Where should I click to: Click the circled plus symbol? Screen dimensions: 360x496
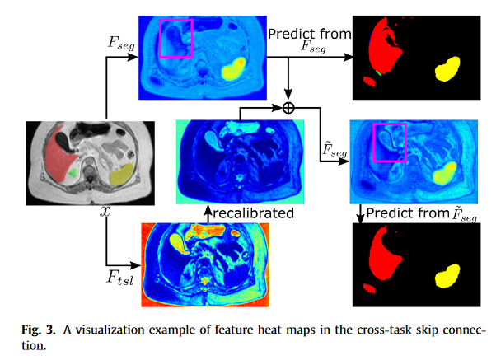288,107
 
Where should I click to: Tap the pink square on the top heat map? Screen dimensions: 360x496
175,39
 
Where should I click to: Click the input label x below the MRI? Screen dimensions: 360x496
105,212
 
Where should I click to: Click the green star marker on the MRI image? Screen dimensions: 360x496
75,173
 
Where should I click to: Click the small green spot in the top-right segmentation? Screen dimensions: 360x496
377,74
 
